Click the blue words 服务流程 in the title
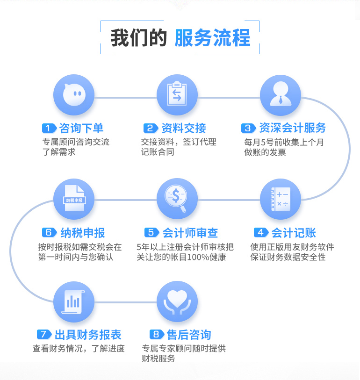212,38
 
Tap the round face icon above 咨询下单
74,95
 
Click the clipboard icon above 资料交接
177,95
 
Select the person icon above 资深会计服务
280,95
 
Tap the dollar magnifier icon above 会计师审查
177,199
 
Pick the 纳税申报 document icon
74,199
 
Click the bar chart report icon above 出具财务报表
74,301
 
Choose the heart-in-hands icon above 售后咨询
177,301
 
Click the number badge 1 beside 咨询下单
49,129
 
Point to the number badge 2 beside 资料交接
150,129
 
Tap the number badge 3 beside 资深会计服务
248,129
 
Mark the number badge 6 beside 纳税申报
49,232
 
